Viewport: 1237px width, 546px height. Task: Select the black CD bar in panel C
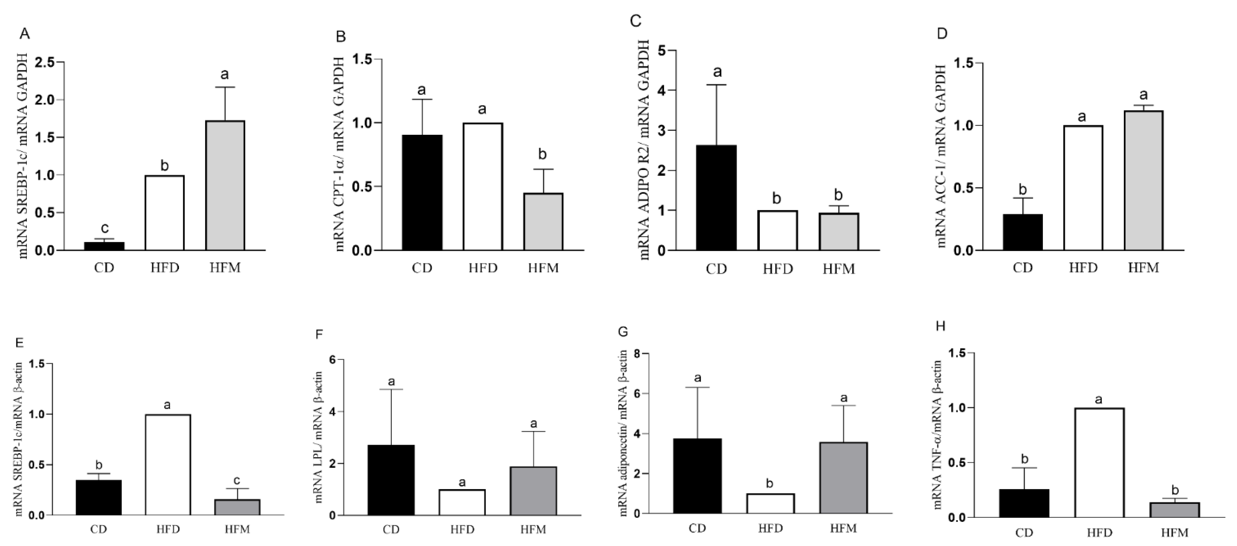[717, 197]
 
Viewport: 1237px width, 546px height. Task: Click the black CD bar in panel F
[391, 480]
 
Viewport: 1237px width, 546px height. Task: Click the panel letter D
[942, 35]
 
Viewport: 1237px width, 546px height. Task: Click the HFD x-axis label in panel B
[483, 268]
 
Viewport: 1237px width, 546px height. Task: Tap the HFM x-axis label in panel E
[237, 530]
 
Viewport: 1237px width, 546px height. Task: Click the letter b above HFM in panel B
[543, 155]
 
